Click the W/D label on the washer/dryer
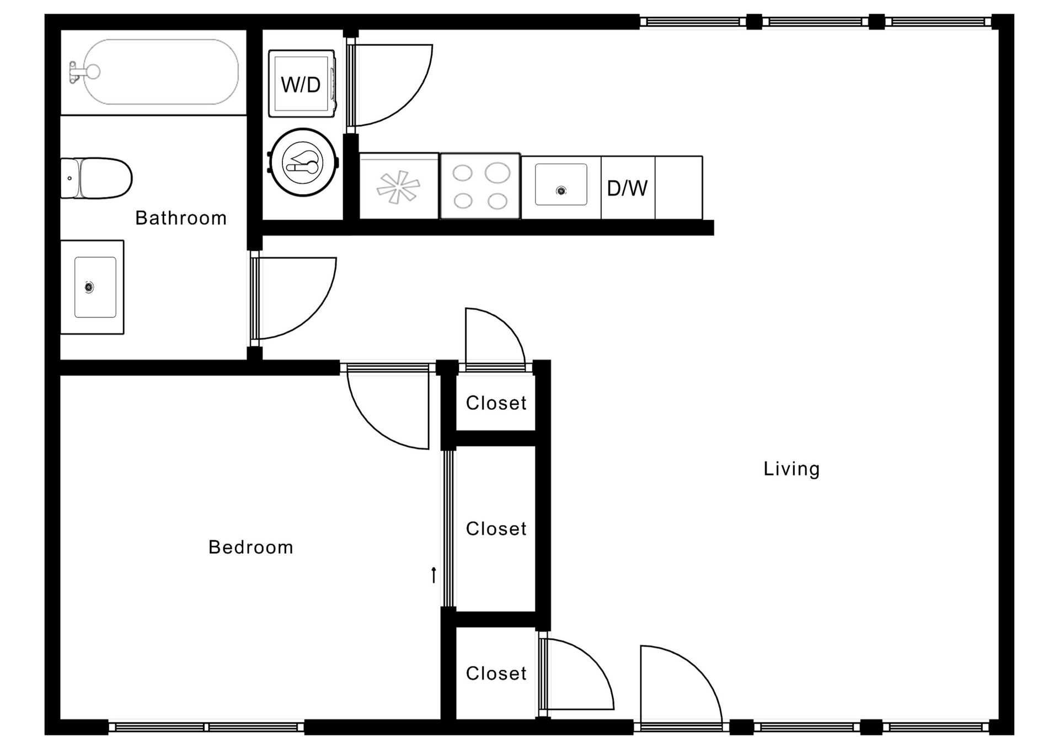click(x=301, y=85)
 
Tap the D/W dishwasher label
click(x=627, y=189)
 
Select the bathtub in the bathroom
click(x=160, y=72)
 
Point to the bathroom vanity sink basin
click(x=95, y=287)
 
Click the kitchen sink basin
click(x=561, y=185)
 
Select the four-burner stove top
click(x=480, y=186)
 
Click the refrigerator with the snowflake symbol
click(x=399, y=186)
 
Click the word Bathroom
click(x=181, y=218)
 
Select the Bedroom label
click(x=250, y=547)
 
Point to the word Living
click(x=791, y=469)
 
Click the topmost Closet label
click(x=496, y=403)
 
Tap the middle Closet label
click(x=496, y=529)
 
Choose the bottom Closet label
click(x=496, y=673)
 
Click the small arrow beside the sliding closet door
click(x=434, y=575)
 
